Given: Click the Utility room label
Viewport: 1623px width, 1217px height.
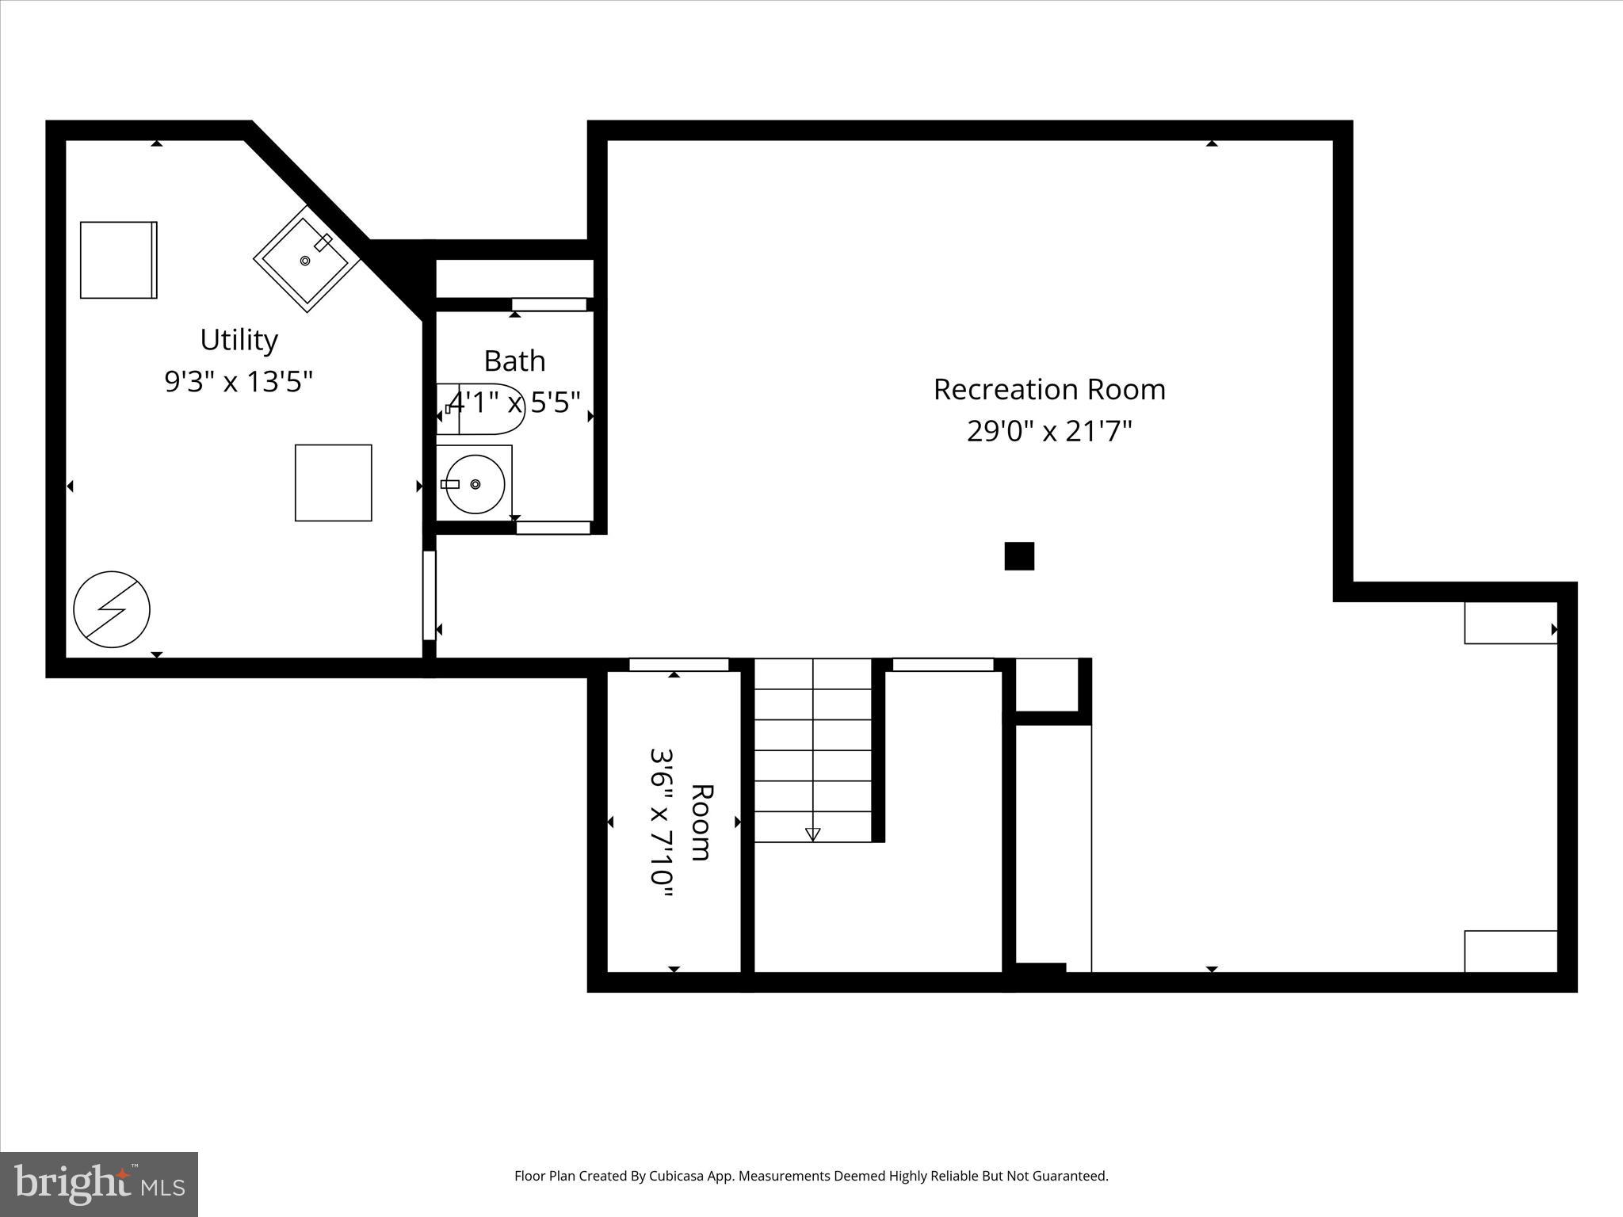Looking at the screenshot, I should (239, 340).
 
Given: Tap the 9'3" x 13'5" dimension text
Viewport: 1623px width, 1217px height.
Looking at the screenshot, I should (239, 382).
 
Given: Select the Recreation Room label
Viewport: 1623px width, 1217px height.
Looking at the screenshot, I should (1049, 390).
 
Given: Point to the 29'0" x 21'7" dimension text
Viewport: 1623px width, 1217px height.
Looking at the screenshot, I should (1049, 432).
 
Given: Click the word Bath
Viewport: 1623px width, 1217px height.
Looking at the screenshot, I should (514, 361).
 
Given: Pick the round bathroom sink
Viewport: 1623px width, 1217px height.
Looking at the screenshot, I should (474, 483).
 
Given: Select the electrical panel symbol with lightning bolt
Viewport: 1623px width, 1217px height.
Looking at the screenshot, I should (112, 609).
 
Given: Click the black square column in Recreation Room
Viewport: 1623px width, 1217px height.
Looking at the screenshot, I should (1019, 556).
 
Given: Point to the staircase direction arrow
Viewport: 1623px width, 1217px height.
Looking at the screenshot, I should (812, 834).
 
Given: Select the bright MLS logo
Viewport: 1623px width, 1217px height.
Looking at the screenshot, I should (99, 1184).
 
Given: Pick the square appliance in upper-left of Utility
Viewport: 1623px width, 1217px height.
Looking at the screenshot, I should (118, 260).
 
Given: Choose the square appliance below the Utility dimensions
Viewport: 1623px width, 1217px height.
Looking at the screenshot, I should (333, 483).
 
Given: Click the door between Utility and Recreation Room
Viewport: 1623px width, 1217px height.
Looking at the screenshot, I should (429, 595).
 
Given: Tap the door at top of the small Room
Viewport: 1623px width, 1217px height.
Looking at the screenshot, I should (678, 665).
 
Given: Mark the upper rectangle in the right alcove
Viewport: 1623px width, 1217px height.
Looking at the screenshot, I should (1510, 623).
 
